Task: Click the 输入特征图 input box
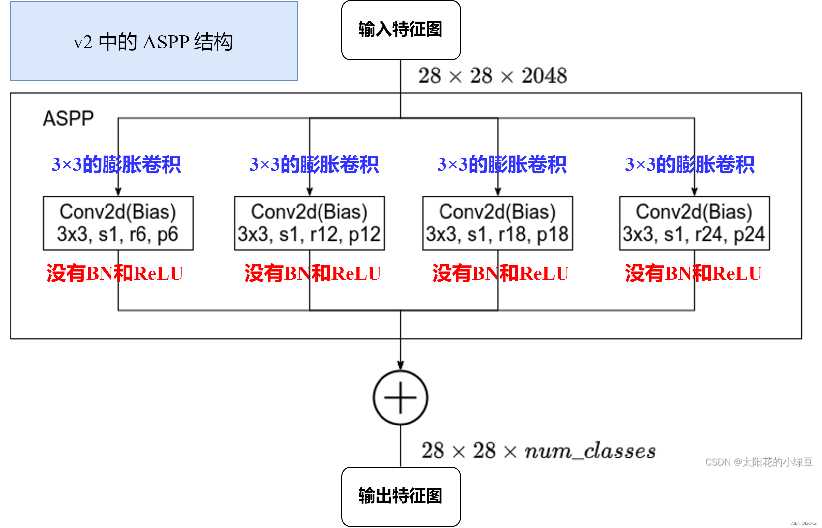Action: [401, 30]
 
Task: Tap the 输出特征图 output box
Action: [401, 496]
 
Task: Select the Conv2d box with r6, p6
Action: [118, 223]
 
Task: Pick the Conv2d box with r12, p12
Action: [309, 223]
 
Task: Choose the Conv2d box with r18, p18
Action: [498, 223]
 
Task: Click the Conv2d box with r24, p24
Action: [694, 223]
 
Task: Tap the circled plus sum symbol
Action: [401, 398]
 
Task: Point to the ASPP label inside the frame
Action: [68, 118]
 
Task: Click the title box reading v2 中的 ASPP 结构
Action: [154, 41]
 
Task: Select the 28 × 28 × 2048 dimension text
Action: [493, 76]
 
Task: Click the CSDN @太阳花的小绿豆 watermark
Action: [759, 462]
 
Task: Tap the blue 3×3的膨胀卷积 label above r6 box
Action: [116, 164]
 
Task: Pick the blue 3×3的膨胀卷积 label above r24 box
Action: [690, 164]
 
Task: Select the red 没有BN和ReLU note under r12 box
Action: [312, 273]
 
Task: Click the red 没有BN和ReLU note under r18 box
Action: [501, 273]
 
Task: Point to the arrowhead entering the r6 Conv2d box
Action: [118, 192]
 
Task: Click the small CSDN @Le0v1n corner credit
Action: [804, 523]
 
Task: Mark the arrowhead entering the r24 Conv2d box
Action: [694, 192]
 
